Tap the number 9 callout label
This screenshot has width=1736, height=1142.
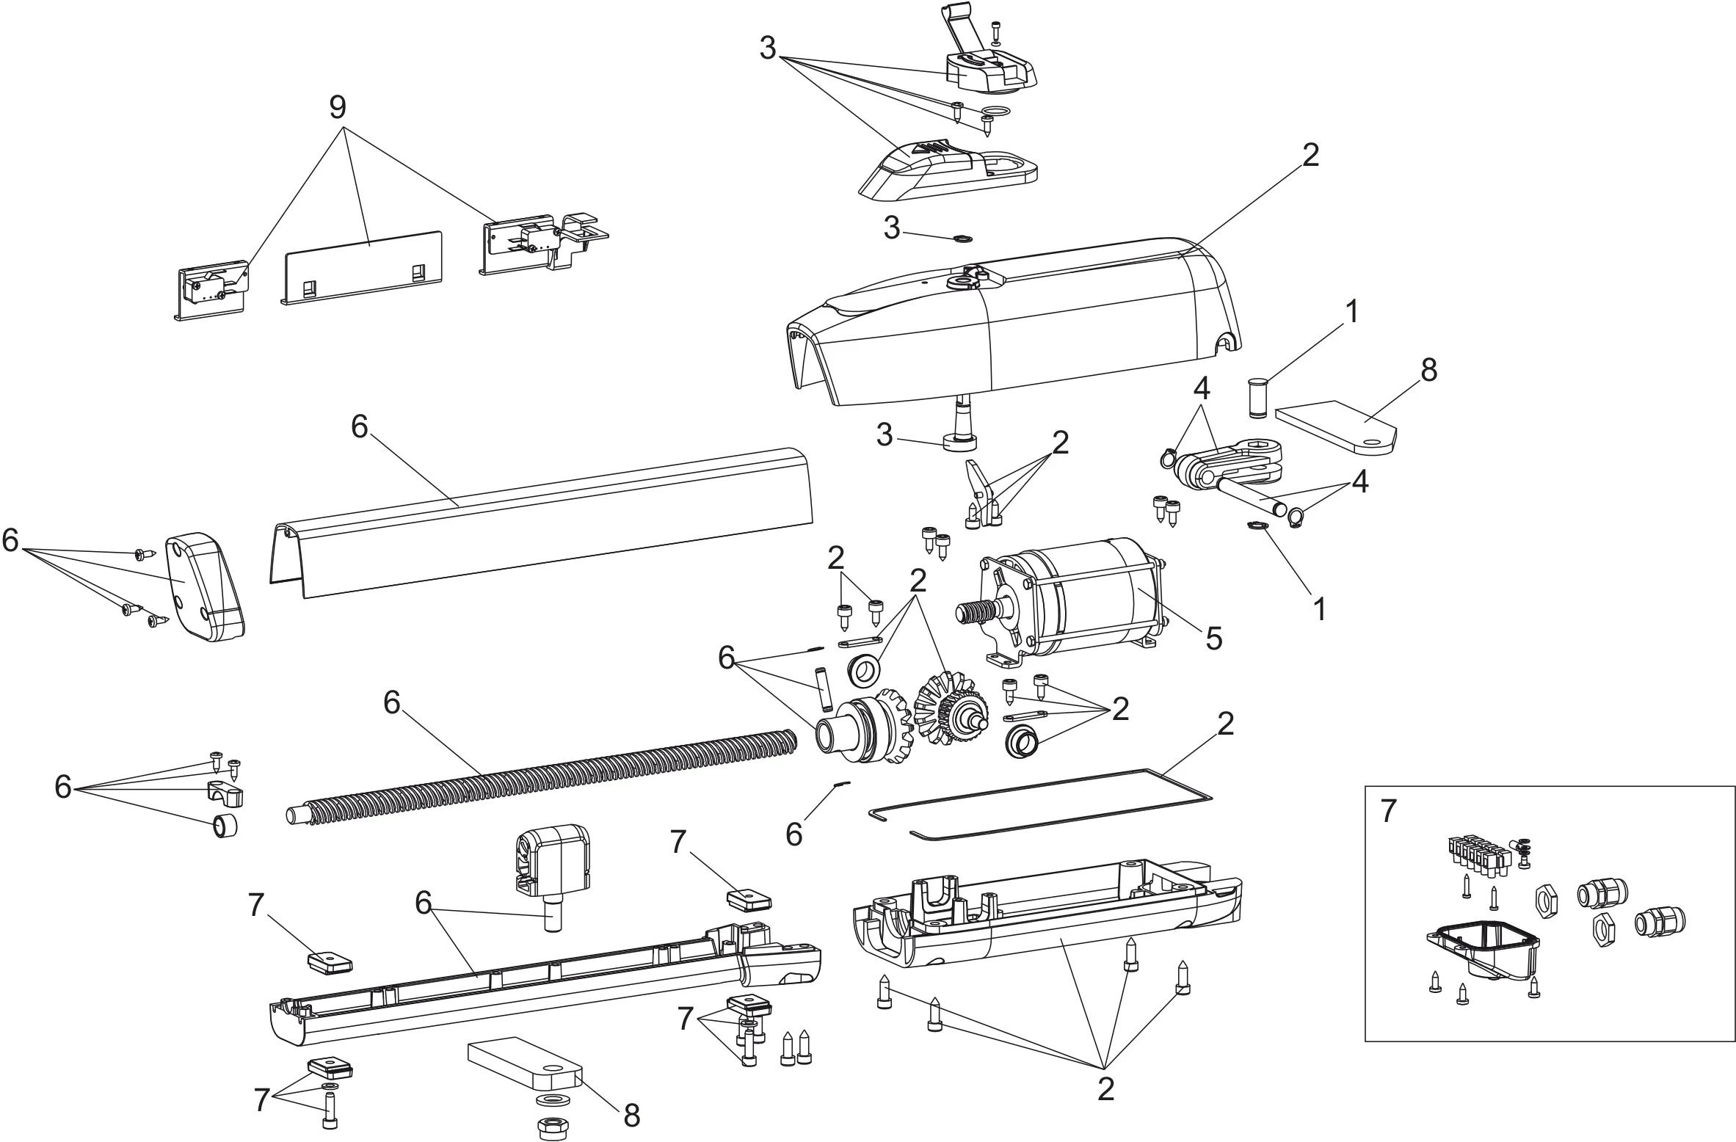[x=337, y=108]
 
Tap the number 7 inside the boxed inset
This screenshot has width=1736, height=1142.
[x=1387, y=812]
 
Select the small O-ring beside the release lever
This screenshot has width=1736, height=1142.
[x=994, y=112]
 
